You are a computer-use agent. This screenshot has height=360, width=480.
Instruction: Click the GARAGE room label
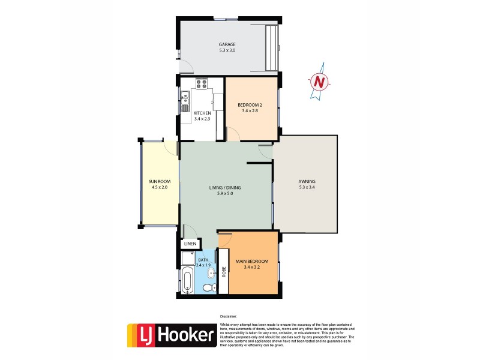coord(227,44)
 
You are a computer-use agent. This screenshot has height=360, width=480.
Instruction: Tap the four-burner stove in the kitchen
coord(202,84)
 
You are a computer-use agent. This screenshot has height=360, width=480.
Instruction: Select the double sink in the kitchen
coord(185,98)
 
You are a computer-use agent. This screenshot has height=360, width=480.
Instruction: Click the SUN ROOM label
coord(159,181)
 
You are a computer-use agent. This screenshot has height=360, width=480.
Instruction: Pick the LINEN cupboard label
coord(190,244)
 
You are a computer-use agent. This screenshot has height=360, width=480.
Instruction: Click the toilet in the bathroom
coord(208,288)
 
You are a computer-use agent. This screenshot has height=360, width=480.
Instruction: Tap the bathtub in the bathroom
coord(187,283)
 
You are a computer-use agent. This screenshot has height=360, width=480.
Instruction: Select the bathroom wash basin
coord(211,274)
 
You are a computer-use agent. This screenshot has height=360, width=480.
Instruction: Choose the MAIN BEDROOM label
coord(252,262)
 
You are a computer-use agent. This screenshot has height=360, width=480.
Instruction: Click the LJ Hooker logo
coord(171,335)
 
